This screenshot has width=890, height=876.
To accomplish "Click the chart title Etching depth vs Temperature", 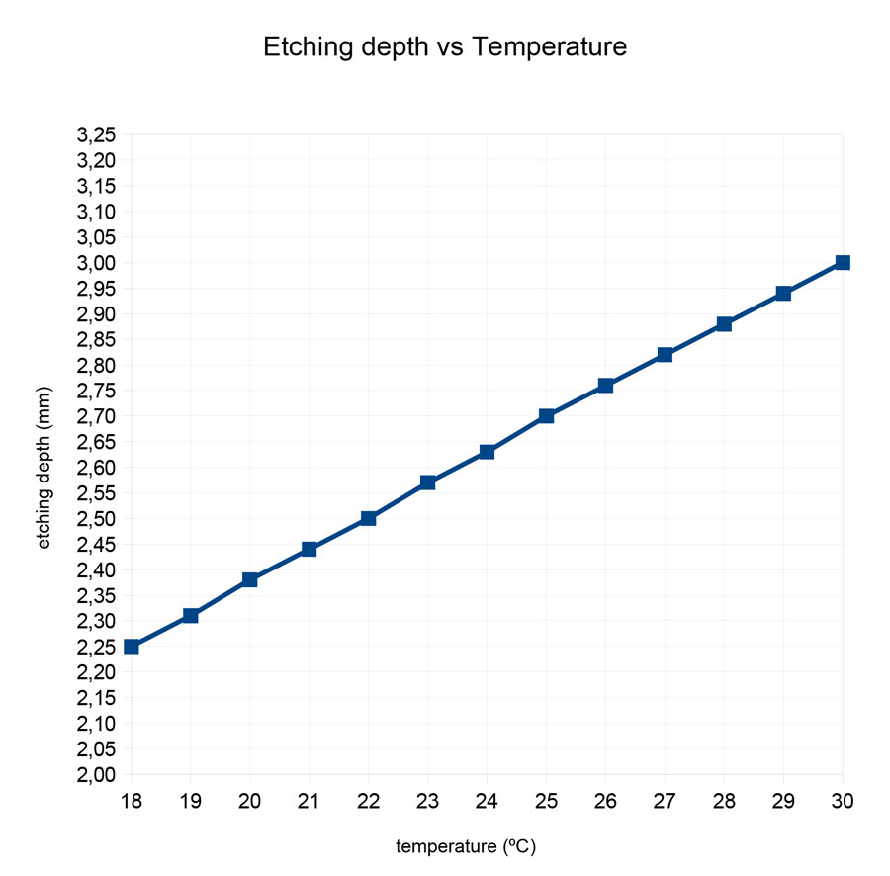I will pyautogui.click(x=445, y=46).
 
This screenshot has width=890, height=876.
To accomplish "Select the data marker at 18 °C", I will pyautogui.click(x=132, y=647).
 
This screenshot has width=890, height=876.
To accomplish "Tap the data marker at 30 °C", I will pyautogui.click(x=843, y=262).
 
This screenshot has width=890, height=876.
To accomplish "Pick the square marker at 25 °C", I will pyautogui.click(x=546, y=416).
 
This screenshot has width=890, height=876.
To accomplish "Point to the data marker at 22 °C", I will pyautogui.click(x=368, y=518).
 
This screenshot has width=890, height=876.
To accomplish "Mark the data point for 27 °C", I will pyautogui.click(x=665, y=354).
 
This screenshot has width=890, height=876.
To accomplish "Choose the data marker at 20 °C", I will pyautogui.click(x=250, y=579).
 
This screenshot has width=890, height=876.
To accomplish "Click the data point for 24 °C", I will pyautogui.click(x=487, y=452).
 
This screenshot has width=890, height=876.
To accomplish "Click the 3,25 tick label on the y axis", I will pyautogui.click(x=97, y=134).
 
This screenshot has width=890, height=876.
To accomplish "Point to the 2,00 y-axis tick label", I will pyautogui.click(x=97, y=774).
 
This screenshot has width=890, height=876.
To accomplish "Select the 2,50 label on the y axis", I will pyautogui.click(x=97, y=518).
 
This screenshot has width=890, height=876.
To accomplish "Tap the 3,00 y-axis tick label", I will pyautogui.click(x=97, y=262).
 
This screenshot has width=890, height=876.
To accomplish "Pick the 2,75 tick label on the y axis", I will pyautogui.click(x=97, y=391).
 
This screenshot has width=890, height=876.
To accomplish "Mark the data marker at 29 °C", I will pyautogui.click(x=783, y=293).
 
